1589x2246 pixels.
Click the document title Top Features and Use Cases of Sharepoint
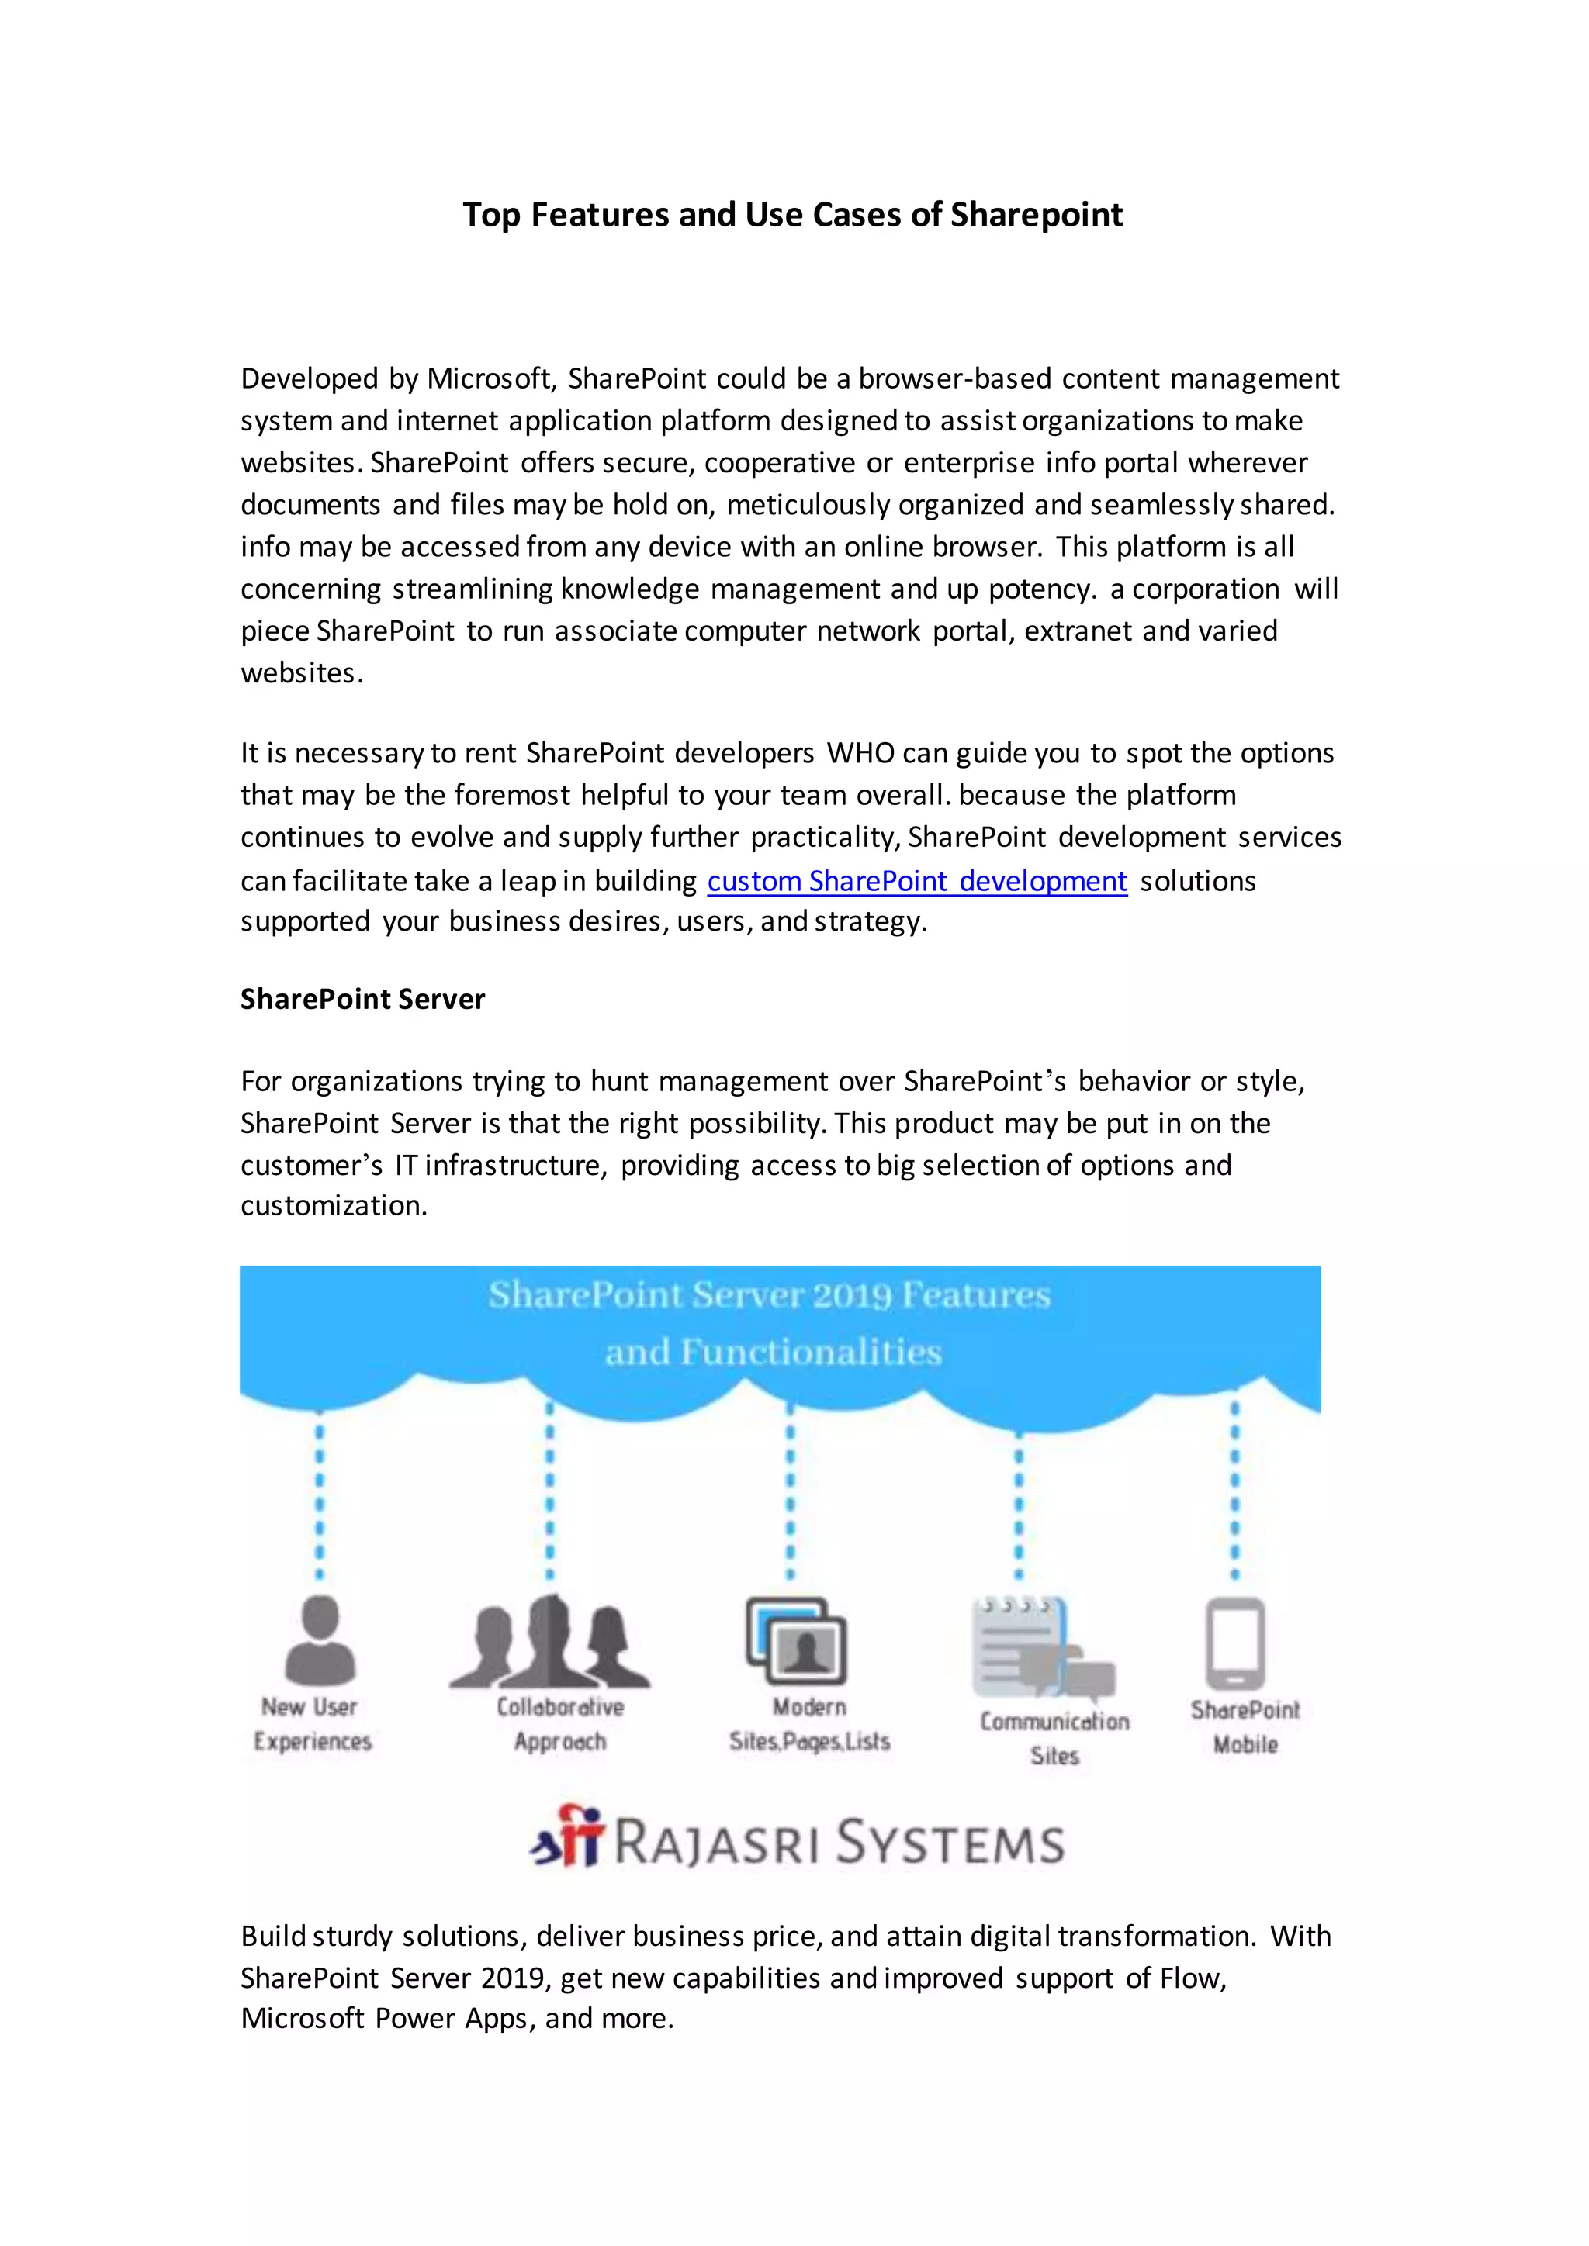(792, 214)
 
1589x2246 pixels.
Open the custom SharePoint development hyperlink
(917, 880)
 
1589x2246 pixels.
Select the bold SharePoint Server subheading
(362, 999)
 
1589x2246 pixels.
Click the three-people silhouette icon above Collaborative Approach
(551, 1643)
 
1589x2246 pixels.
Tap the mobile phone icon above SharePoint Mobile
(1234, 1643)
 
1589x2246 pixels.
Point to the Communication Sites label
(1054, 1738)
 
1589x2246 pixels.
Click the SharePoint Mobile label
(1245, 1727)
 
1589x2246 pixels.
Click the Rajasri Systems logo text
(839, 1843)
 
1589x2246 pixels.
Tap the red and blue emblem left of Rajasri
(566, 1837)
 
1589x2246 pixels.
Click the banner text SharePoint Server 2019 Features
(769, 1295)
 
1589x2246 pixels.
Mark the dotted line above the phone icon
(1234, 1492)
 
